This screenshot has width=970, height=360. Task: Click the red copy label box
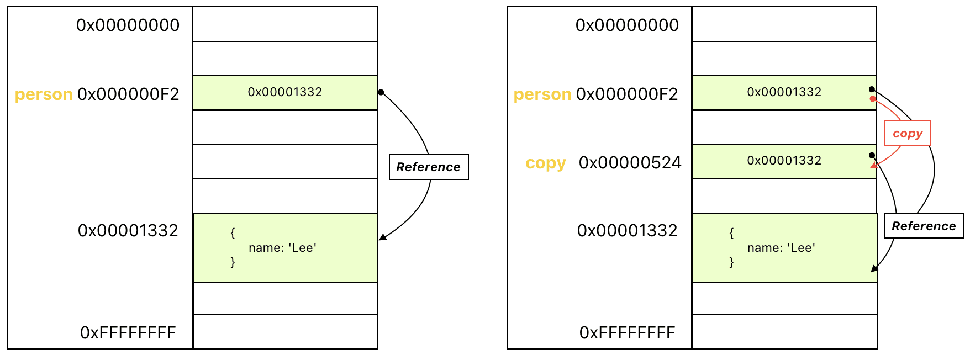click(908, 133)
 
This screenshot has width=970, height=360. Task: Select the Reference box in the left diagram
click(429, 167)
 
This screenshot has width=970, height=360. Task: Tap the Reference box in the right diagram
click(924, 226)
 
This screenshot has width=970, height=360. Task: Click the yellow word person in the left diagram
click(44, 94)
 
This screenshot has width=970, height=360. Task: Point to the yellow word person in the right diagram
click(542, 94)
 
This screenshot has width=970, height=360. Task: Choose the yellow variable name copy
click(546, 163)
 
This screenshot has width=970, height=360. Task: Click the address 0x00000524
click(630, 163)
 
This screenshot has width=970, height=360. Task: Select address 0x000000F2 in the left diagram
click(128, 94)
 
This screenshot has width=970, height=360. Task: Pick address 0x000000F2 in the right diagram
click(627, 94)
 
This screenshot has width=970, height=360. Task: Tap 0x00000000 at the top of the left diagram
click(128, 25)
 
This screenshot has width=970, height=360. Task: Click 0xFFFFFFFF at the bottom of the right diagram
click(628, 333)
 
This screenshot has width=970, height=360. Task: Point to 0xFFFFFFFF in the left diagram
click(128, 333)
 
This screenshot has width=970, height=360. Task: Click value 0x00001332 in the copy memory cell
click(784, 161)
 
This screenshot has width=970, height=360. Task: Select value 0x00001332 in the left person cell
click(285, 92)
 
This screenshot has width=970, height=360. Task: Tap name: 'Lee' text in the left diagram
click(282, 248)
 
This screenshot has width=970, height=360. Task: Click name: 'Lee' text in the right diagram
click(782, 248)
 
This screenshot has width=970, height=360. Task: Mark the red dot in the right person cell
click(873, 99)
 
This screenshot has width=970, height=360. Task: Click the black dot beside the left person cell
click(381, 92)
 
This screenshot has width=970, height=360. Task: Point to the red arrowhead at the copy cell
click(873, 165)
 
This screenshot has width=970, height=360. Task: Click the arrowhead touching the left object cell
click(382, 237)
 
